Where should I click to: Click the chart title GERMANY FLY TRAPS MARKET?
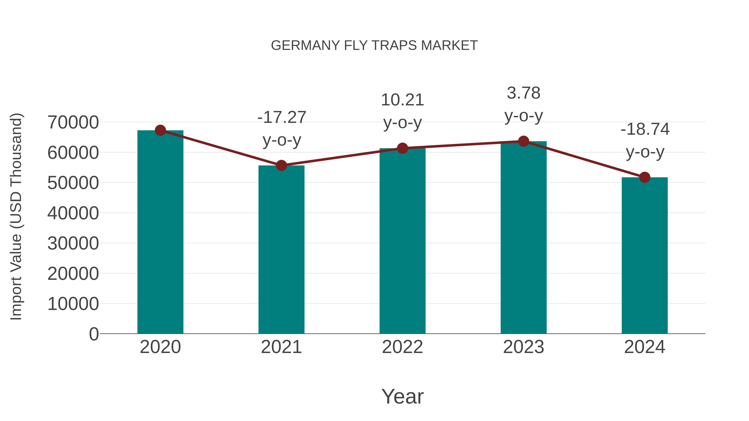tap(374, 46)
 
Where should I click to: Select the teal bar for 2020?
tap(160, 232)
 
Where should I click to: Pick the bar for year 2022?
tap(402, 241)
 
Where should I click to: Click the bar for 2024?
tap(645, 256)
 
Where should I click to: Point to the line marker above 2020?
tap(160, 130)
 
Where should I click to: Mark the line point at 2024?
tap(645, 177)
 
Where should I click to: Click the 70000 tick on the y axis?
tap(73, 122)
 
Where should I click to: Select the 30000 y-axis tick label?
tap(73, 243)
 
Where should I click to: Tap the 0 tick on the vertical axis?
tap(94, 334)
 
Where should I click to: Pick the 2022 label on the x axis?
tap(402, 347)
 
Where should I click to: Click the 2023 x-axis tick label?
tap(523, 347)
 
